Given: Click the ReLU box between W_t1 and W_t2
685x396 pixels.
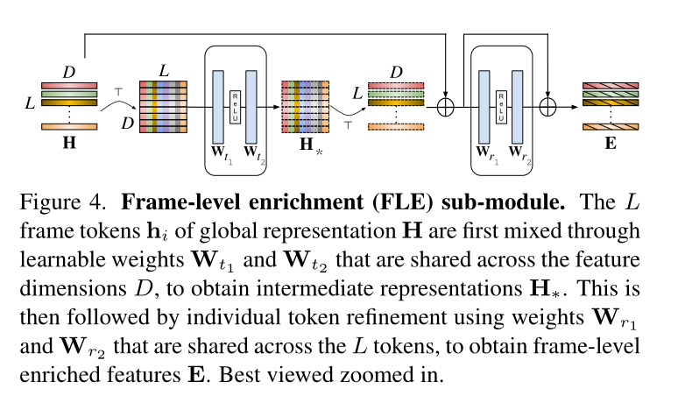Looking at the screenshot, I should (x=235, y=106).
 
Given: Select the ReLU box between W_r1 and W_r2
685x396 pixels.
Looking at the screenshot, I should (x=501, y=106).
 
